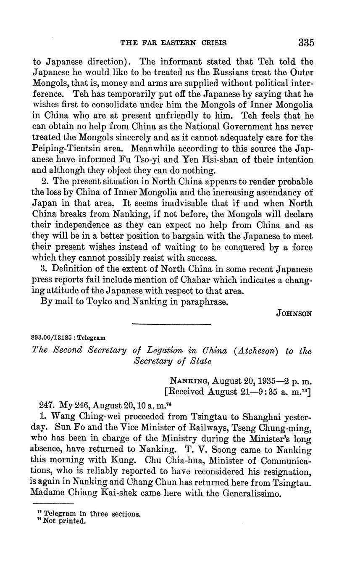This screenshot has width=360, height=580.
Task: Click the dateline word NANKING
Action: [x=189, y=381]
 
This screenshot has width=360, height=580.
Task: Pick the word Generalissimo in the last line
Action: [x=243, y=493]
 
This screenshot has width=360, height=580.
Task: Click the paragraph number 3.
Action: [x=43, y=269]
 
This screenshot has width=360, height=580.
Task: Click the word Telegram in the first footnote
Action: [x=60, y=514]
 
